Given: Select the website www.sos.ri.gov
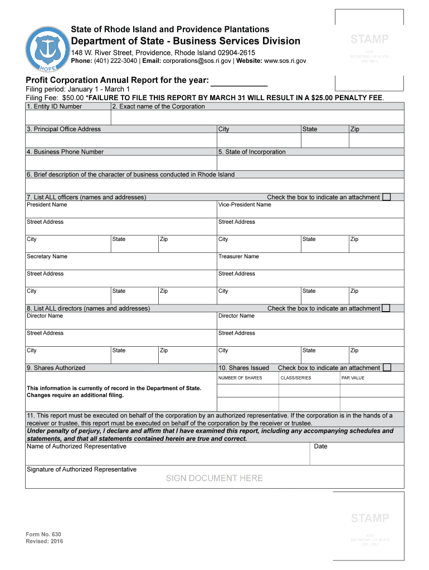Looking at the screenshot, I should pyautogui.click(x=285, y=61).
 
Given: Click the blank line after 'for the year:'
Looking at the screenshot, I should pyautogui.click(x=240, y=82).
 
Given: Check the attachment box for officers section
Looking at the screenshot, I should pyautogui.click(x=387, y=197).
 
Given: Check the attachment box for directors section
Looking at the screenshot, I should pyautogui.click(x=387, y=308).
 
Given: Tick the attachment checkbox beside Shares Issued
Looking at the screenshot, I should pyautogui.click(x=387, y=367).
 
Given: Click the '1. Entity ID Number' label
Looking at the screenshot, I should pyautogui.click(x=54, y=106).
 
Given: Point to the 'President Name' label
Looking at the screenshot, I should pyautogui.click(x=47, y=205).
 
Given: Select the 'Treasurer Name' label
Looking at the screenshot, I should pyautogui.click(x=238, y=257).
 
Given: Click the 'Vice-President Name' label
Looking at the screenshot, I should pyautogui.click(x=245, y=205).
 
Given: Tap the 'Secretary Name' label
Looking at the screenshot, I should pyautogui.click(x=47, y=257).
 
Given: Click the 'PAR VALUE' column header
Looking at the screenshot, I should pyautogui.click(x=353, y=378).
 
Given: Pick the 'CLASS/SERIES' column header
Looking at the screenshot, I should pyautogui.click(x=295, y=378).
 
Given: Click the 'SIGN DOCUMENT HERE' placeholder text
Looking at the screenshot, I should pyautogui.click(x=214, y=478).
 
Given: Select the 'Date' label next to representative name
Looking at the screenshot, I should pyautogui.click(x=320, y=446).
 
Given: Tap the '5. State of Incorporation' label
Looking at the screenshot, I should pyautogui.click(x=252, y=152).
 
